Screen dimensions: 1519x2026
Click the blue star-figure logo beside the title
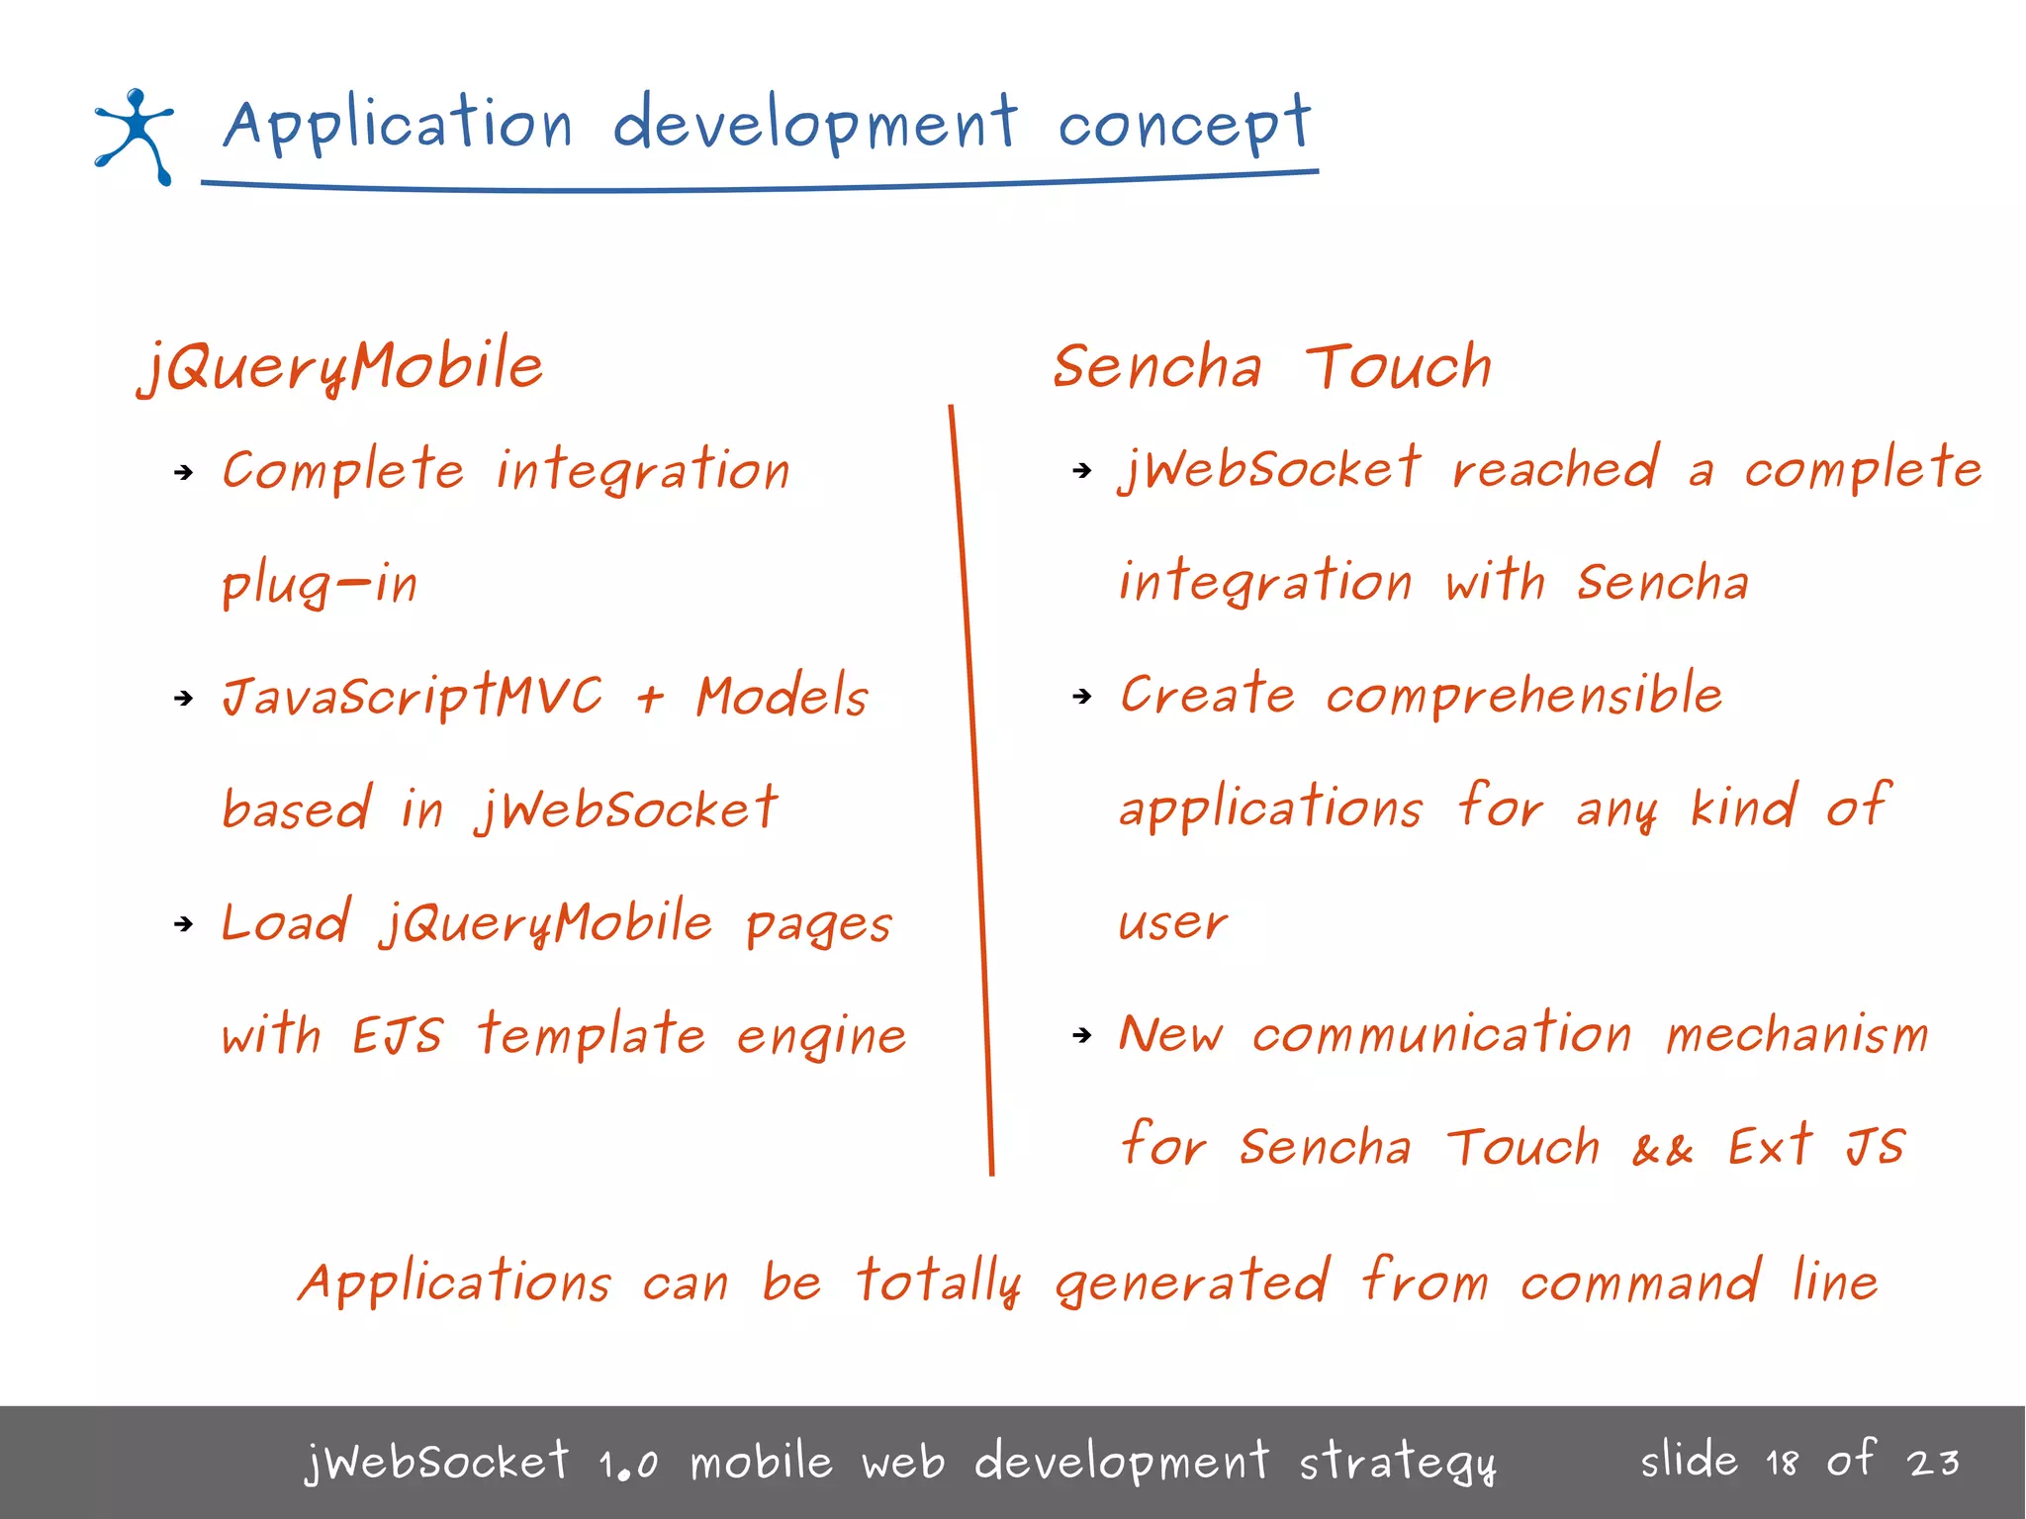point(136,137)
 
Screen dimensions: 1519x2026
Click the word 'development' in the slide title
point(814,125)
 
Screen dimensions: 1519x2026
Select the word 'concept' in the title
point(1183,127)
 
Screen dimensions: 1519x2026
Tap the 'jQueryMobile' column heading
point(341,365)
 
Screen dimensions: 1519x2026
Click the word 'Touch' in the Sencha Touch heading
point(1398,367)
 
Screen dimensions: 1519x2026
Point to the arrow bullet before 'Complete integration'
point(183,472)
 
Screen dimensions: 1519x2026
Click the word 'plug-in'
point(320,585)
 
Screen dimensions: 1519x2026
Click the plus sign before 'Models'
point(650,699)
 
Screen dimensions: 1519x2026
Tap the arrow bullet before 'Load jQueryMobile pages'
point(183,924)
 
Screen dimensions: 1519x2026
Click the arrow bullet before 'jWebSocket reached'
point(1082,470)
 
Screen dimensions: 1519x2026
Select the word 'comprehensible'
point(1523,696)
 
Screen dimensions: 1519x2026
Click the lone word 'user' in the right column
point(1172,923)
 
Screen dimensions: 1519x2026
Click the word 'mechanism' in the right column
point(1796,1036)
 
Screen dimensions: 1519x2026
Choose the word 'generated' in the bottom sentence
point(1192,1283)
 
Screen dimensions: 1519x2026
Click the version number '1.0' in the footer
point(628,1464)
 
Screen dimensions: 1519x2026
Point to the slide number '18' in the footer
point(1782,1463)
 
